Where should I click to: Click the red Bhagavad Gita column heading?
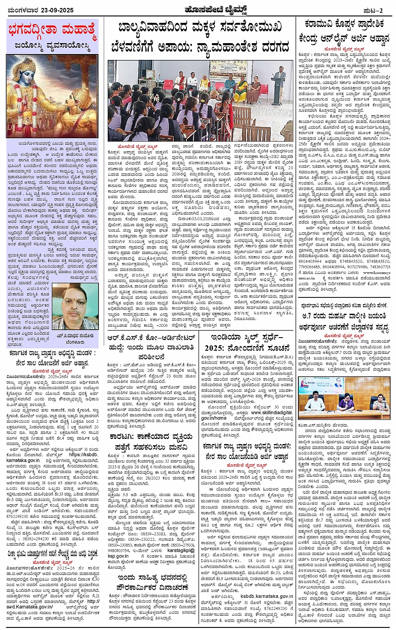pos(52,32)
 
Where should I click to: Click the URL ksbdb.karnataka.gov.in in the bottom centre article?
pos(267,596)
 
